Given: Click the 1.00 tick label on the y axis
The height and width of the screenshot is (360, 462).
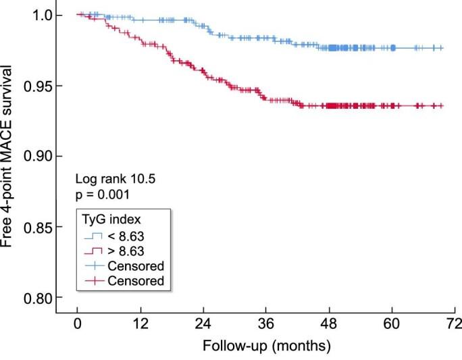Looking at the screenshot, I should tap(47, 15).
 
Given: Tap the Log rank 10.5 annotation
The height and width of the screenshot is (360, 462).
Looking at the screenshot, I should tap(109, 181).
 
